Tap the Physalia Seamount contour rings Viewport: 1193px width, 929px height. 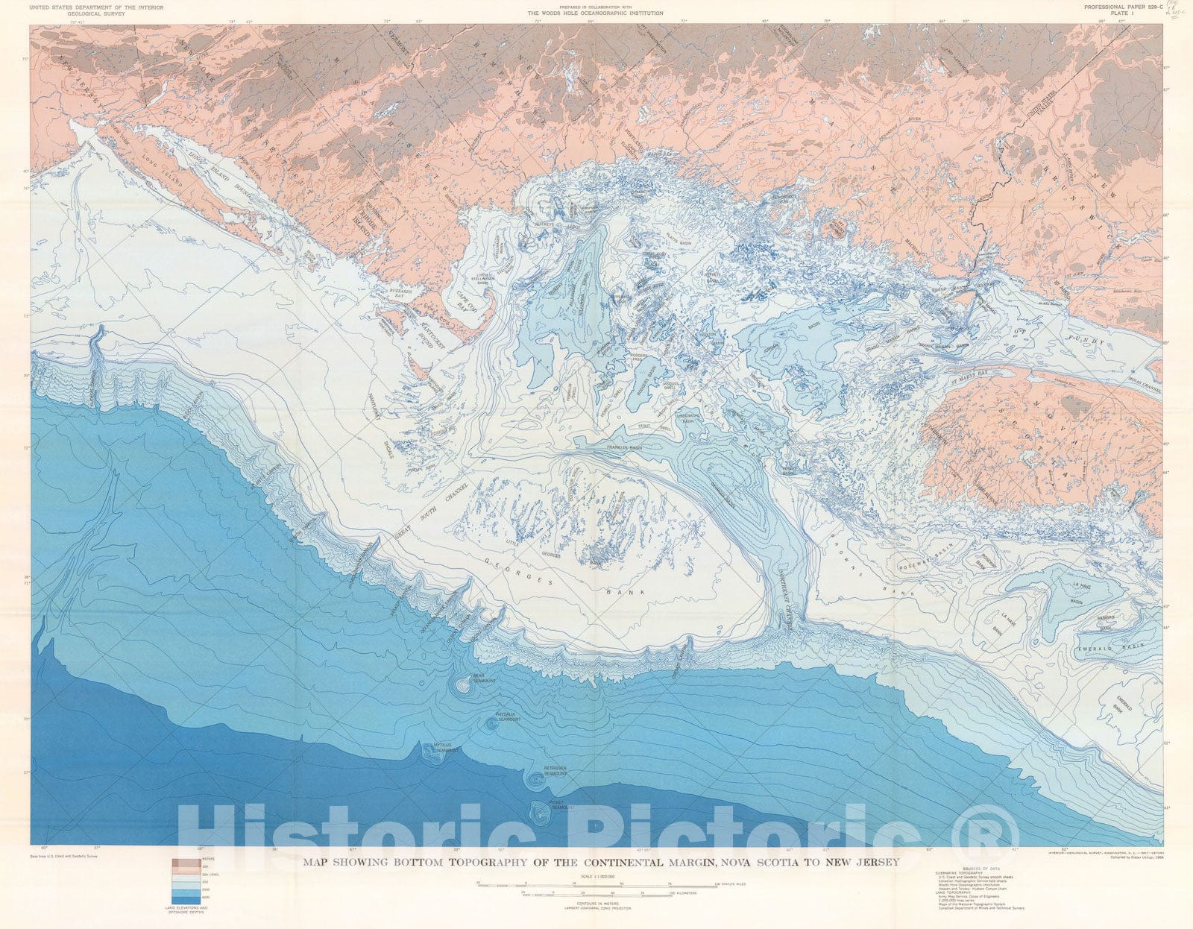click(x=491, y=722)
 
